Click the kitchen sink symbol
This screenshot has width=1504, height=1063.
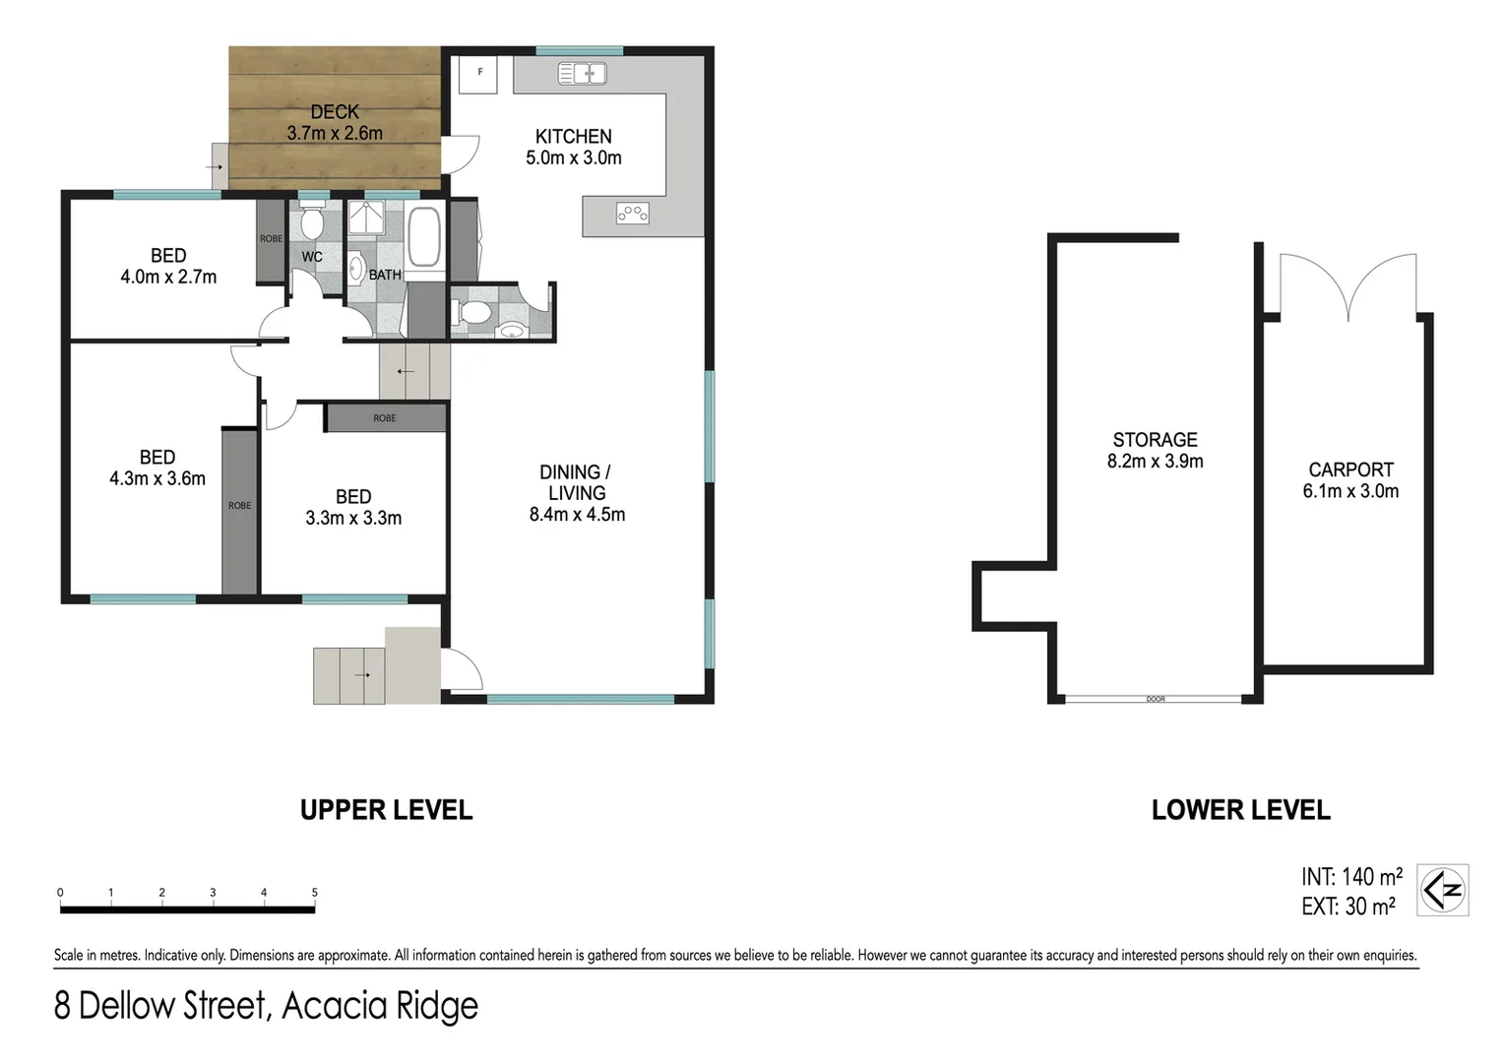(582, 73)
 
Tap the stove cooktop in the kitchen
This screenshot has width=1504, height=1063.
(632, 213)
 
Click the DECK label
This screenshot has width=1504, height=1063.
(335, 112)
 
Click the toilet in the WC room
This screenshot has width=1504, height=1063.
(312, 223)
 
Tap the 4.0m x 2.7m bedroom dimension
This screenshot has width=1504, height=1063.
(168, 278)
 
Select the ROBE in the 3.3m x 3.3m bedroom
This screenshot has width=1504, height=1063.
(385, 418)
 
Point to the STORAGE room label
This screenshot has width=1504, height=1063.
(1155, 440)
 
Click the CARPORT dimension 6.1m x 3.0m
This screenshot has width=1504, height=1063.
(1350, 491)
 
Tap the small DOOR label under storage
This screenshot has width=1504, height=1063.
(1156, 700)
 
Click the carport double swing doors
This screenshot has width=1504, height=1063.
(1348, 285)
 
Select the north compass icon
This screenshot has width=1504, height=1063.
(1443, 891)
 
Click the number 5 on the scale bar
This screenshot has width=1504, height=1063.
(315, 893)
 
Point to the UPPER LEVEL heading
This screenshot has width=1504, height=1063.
(386, 810)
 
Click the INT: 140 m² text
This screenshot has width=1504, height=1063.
(1351, 877)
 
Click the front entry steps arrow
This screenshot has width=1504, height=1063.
(360, 675)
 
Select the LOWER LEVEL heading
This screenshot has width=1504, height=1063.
(1240, 810)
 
